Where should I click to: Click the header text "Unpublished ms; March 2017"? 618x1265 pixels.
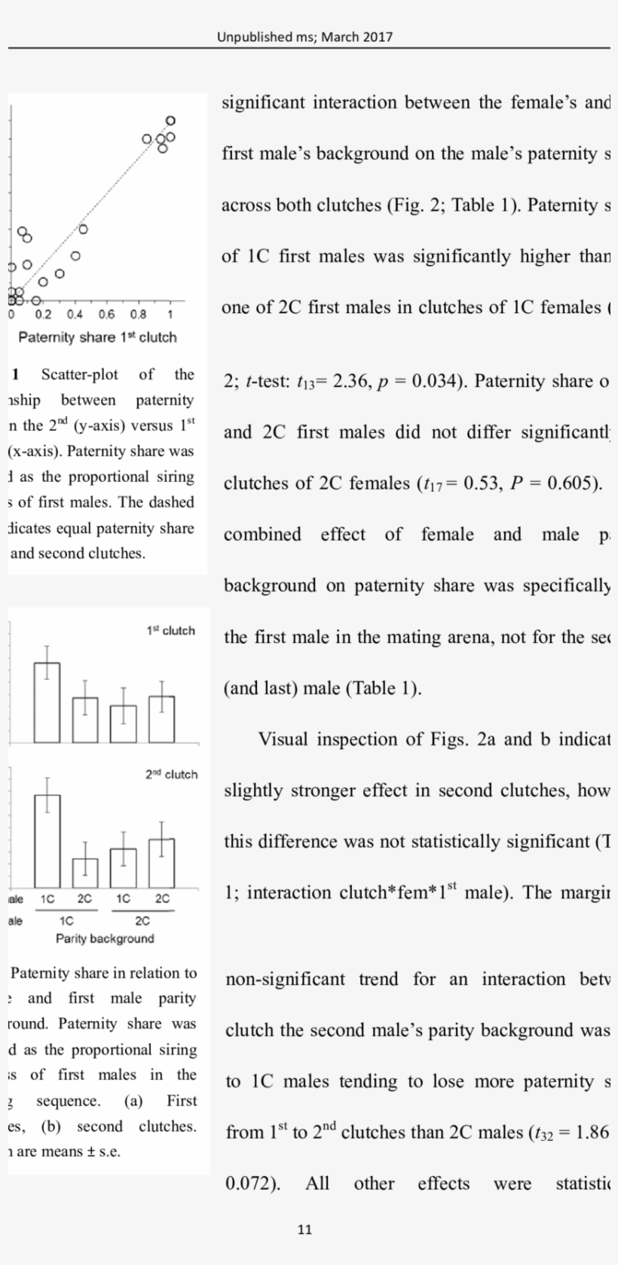(304, 36)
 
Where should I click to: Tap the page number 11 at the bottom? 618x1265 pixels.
(304, 1230)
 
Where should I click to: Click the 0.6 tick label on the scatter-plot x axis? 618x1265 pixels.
(106, 315)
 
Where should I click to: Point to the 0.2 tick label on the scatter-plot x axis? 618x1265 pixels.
(43, 315)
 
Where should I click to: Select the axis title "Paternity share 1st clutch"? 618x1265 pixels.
(97, 337)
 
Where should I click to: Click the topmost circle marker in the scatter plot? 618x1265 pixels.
(170, 120)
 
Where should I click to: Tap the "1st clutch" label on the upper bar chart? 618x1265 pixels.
(170, 631)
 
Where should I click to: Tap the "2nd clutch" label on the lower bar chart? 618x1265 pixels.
(171, 774)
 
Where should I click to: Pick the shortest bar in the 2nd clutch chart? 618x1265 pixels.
(85, 873)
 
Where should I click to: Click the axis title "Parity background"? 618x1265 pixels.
(105, 939)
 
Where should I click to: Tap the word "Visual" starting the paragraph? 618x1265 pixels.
(283, 739)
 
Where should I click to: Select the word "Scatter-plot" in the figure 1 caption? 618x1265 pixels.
(80, 375)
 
